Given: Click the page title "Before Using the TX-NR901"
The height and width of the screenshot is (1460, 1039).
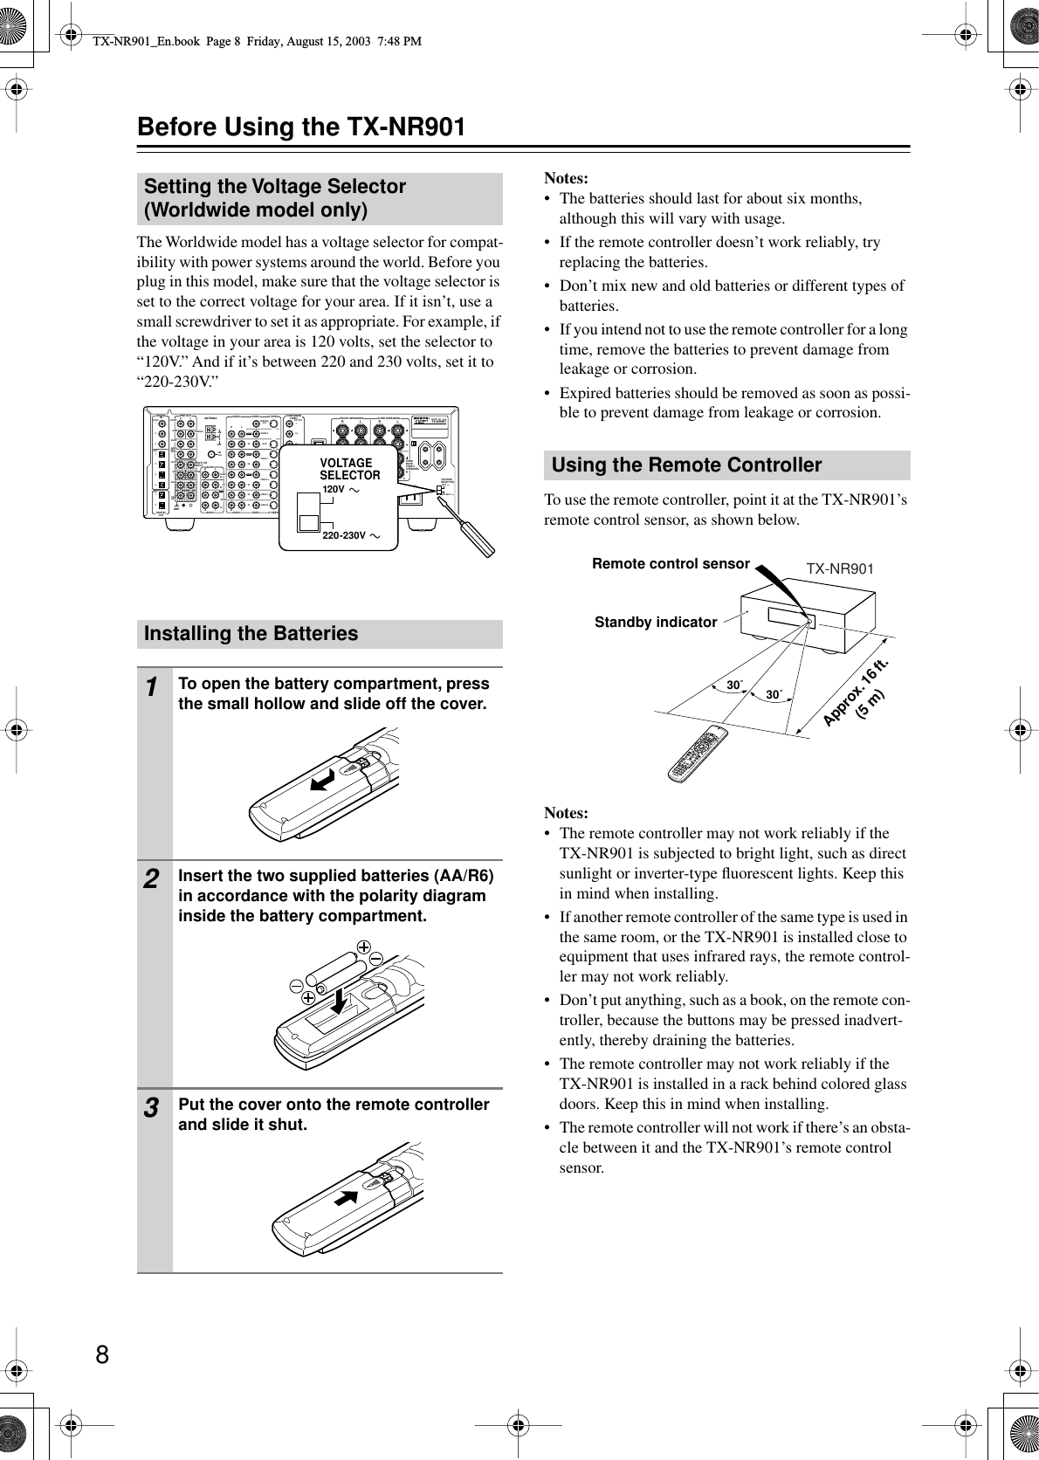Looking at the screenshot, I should coord(300,127).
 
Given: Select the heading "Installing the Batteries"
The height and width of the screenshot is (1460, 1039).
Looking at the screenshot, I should coord(251,633).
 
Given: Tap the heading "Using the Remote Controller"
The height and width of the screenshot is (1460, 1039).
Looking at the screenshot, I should coord(686,465).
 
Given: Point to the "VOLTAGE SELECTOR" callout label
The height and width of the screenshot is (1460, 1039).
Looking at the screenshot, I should coord(349,469).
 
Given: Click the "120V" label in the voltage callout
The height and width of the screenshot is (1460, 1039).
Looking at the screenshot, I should coord(334,490).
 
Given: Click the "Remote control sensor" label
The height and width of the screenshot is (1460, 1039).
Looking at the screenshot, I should coord(671,564).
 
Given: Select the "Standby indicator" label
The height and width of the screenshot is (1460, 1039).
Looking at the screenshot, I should coord(655,623).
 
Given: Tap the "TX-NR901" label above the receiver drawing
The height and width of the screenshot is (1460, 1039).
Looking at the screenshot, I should coord(839,569).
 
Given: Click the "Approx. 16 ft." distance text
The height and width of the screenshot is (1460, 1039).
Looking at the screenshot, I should coord(856,690).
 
